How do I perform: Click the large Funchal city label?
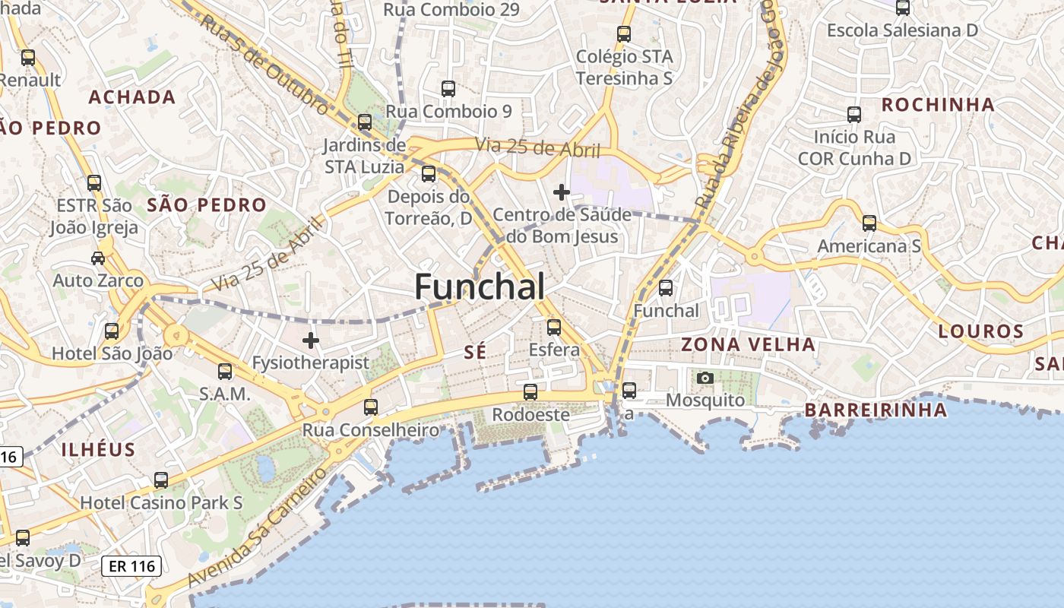click(x=480, y=287)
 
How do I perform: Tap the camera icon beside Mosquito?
click(x=705, y=378)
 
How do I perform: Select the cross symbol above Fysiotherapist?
click(x=311, y=340)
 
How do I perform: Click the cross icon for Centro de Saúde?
click(x=562, y=192)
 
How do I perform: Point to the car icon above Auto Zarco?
click(x=98, y=258)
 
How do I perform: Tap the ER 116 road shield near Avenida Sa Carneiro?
click(x=131, y=565)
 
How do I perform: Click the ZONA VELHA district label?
click(x=748, y=344)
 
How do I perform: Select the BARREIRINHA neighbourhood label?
click(x=876, y=410)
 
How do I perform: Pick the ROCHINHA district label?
click(x=937, y=104)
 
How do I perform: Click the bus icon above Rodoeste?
click(x=530, y=392)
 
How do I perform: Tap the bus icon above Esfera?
click(x=554, y=328)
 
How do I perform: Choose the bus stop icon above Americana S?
click(x=869, y=223)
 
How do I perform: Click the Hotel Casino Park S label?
click(x=161, y=502)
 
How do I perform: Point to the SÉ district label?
click(x=474, y=351)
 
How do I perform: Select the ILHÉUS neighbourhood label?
click(x=98, y=448)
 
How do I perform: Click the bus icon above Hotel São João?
click(x=112, y=331)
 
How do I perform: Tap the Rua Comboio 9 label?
click(x=448, y=111)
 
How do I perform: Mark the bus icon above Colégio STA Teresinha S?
click(x=624, y=34)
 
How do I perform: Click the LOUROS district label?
click(x=980, y=331)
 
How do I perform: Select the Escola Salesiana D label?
click(x=902, y=30)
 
